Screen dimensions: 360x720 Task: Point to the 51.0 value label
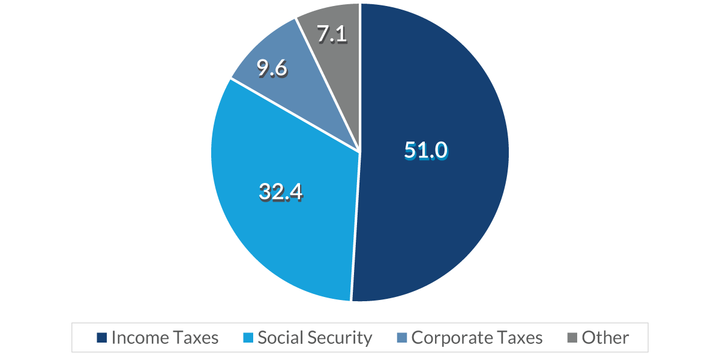pos(425,151)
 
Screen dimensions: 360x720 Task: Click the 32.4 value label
pos(281,191)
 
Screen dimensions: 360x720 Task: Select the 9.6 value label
pos(272,69)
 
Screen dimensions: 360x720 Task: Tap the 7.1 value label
pos(332,34)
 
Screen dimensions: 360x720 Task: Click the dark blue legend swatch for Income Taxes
pos(101,338)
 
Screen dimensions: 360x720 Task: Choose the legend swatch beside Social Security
pos(248,338)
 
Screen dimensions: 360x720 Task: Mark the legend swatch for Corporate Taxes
pos(401,338)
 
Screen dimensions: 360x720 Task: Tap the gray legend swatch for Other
pos(572,338)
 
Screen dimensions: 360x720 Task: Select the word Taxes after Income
pos(196,338)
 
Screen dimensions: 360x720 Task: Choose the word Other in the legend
pos(605,338)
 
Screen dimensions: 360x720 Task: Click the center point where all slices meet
pos(360,152)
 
